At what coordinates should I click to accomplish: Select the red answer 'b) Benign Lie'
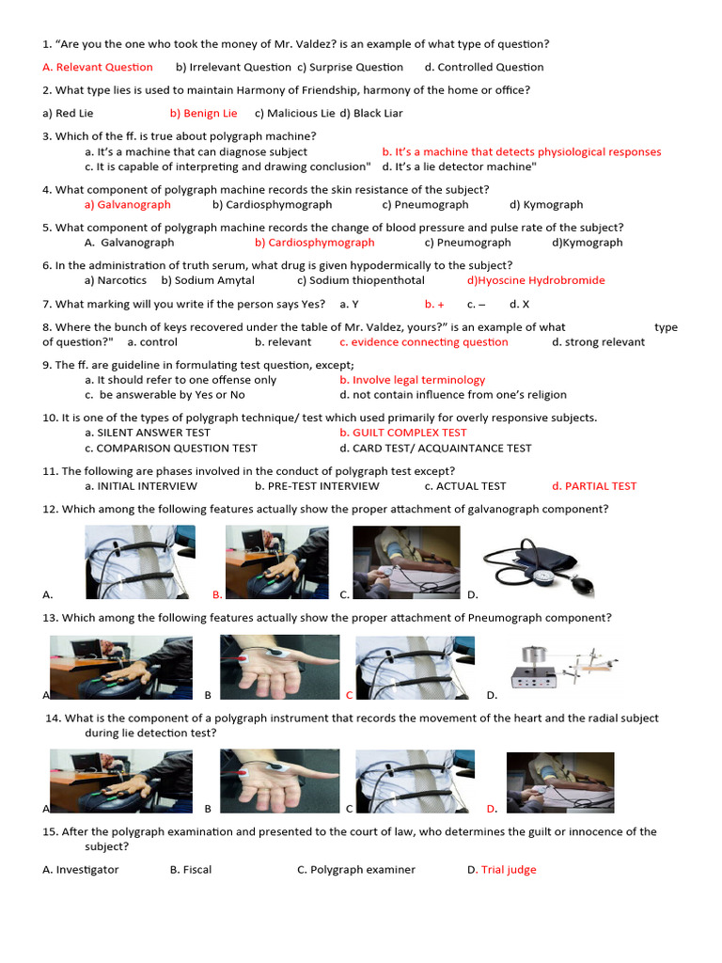coord(203,113)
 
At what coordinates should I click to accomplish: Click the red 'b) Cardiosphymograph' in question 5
coord(314,243)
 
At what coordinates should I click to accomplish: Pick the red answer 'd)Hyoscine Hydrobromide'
coord(536,280)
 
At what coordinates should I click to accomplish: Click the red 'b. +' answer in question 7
coord(434,304)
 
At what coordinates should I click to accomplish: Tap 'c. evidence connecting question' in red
coord(424,342)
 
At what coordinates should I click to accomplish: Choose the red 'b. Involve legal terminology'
coord(413,380)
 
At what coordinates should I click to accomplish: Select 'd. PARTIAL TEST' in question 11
coord(594,486)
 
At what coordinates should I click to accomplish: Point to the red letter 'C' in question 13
coord(349,695)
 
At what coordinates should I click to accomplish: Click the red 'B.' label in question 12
coord(217,594)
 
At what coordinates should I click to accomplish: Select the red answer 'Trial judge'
coord(509,870)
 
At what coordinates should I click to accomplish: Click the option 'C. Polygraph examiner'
coord(356,870)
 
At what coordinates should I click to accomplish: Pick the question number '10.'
coord(51,418)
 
